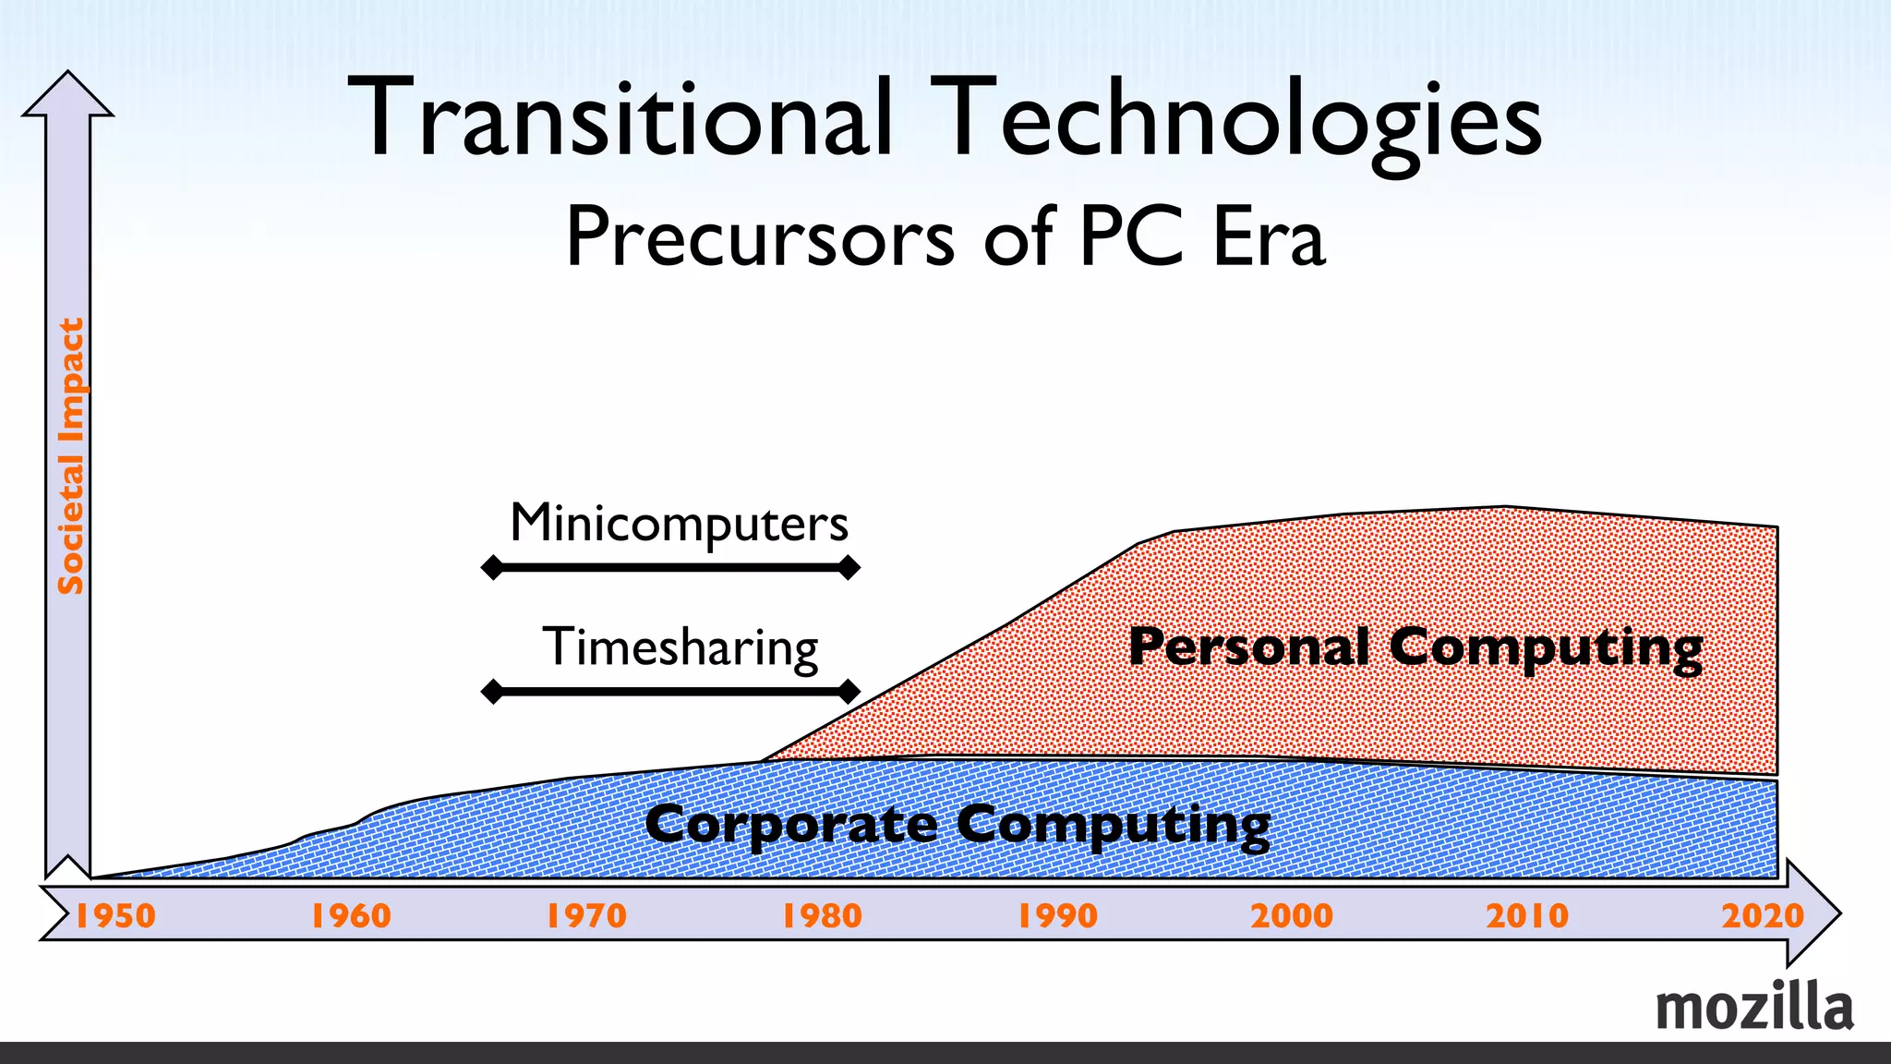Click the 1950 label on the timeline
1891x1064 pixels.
(x=114, y=916)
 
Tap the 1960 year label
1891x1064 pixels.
(x=351, y=916)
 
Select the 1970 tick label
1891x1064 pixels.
(x=586, y=916)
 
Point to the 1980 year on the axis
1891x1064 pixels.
(x=822, y=916)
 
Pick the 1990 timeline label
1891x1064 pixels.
(x=1057, y=916)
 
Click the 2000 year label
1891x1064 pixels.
(x=1292, y=916)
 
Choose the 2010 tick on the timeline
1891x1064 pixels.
(x=1527, y=916)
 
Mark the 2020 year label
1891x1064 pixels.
(x=1763, y=916)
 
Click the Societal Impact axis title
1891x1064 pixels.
(x=71, y=456)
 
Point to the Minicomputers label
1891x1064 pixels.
(x=679, y=525)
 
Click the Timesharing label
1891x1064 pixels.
(x=680, y=647)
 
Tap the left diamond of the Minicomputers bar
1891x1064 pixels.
(x=493, y=567)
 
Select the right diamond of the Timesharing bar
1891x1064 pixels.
(x=849, y=691)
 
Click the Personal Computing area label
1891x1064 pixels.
(x=1415, y=647)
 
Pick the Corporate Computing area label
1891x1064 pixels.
(x=958, y=825)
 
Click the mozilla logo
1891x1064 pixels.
(x=1754, y=1007)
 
